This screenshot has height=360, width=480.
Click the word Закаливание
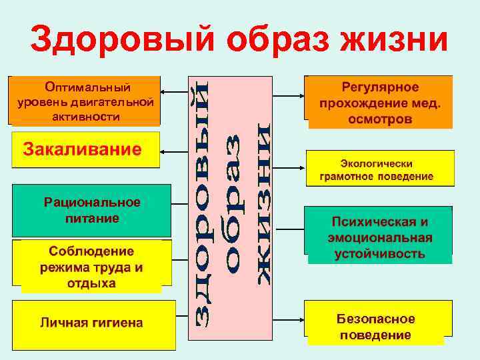(x=83, y=148)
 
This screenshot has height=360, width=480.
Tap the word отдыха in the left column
(x=91, y=283)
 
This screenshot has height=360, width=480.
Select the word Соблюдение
(x=91, y=251)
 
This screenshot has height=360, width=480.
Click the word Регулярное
(x=380, y=87)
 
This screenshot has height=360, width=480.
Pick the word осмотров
(x=380, y=119)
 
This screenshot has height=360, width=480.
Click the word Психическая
(x=380, y=222)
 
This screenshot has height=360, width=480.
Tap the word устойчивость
(x=380, y=254)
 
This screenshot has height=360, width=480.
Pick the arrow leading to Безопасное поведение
(x=289, y=321)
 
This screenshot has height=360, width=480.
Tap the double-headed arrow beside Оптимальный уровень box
(x=173, y=93)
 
